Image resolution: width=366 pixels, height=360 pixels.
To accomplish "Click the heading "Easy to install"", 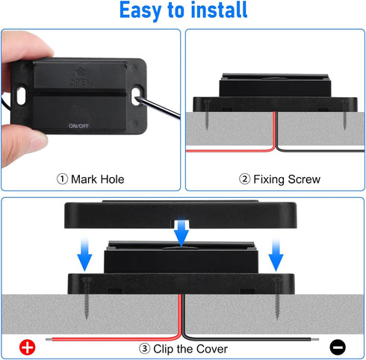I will tap(183, 12).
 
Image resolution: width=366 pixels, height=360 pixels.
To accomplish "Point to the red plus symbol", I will tap(28, 347).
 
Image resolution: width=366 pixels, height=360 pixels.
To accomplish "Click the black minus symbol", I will tap(337, 347).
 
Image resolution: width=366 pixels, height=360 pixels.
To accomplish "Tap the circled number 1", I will tap(62, 179).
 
